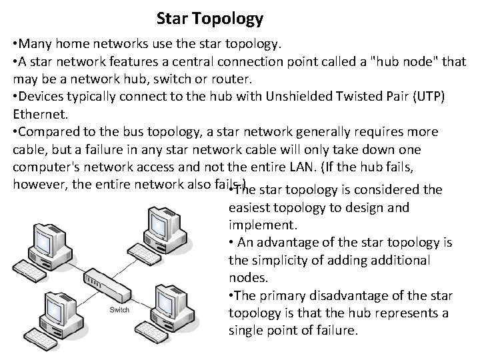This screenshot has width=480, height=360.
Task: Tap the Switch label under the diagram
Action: click(x=119, y=310)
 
